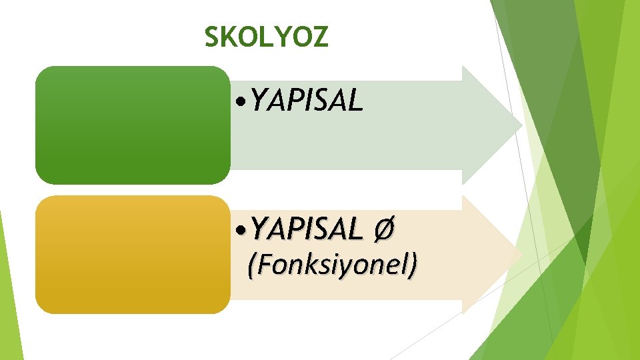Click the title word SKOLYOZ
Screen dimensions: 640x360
[266, 37]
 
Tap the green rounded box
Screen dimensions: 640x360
[133, 125]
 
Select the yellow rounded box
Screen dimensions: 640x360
[133, 254]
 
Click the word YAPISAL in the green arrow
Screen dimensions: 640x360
[307, 101]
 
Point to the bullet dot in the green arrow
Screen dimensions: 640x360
[242, 103]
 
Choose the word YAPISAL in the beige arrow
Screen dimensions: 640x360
[307, 229]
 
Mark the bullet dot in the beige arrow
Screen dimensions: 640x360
[242, 231]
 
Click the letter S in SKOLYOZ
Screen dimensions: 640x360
[212, 37]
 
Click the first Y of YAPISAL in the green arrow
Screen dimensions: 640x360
[261, 101]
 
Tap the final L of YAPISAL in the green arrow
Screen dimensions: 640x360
[355, 101]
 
